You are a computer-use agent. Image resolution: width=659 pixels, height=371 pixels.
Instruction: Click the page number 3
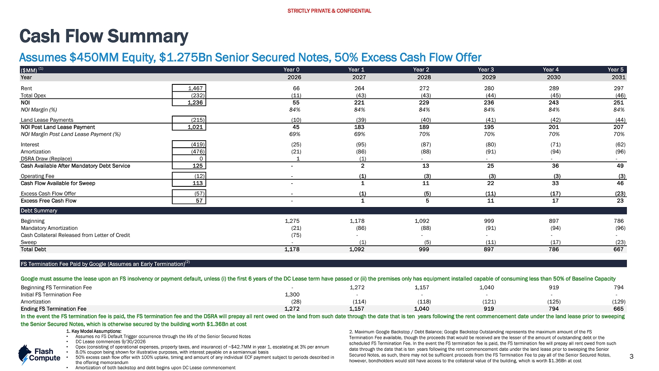(x=631, y=356)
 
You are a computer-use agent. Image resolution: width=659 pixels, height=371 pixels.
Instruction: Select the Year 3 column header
(x=486, y=69)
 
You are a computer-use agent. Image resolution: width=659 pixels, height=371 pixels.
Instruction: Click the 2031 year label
(x=619, y=77)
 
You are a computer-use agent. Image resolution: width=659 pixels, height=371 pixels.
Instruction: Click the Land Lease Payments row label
(x=47, y=120)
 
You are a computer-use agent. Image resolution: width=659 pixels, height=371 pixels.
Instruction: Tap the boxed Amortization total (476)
(x=196, y=152)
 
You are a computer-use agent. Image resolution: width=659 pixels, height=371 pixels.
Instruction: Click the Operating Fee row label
(x=37, y=176)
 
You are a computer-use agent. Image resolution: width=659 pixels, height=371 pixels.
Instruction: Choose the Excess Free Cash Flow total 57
(x=199, y=201)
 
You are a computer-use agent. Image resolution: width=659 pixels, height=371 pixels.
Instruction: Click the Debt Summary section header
(x=39, y=211)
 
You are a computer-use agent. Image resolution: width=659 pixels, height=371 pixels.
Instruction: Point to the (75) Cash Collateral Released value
(x=296, y=235)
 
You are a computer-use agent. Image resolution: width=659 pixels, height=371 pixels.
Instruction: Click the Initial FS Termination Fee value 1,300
(x=293, y=295)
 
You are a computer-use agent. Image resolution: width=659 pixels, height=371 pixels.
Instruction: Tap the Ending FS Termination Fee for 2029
(x=489, y=309)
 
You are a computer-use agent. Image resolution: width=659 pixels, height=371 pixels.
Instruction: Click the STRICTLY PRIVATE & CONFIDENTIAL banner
(x=329, y=11)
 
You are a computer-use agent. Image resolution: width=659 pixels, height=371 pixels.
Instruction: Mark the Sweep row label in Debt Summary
(x=29, y=242)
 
